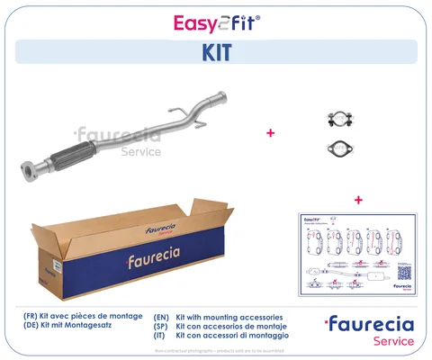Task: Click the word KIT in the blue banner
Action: (x=215, y=52)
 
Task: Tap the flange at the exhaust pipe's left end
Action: (x=30, y=170)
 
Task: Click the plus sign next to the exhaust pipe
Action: (x=270, y=132)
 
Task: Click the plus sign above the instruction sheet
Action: (x=358, y=199)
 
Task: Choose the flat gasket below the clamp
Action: (x=338, y=148)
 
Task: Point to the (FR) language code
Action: (x=31, y=318)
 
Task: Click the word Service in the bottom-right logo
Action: (x=390, y=341)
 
